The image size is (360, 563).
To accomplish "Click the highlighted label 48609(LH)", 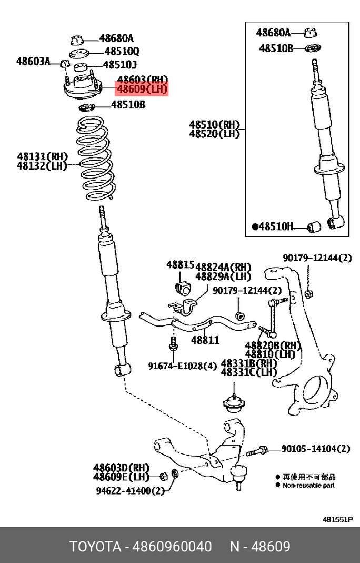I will (142, 90).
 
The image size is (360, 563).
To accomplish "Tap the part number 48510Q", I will (122, 52).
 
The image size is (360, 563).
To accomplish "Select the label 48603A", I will (33, 62).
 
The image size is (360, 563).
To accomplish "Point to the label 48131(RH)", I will (43, 156).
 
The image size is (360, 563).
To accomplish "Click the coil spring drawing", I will (93, 161).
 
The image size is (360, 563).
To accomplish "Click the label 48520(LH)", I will (214, 134).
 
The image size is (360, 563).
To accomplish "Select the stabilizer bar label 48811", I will (205, 340).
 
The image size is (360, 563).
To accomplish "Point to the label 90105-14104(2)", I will (315, 449).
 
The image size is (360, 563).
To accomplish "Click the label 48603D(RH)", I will (122, 467).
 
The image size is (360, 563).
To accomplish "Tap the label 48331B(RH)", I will (248, 363).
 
